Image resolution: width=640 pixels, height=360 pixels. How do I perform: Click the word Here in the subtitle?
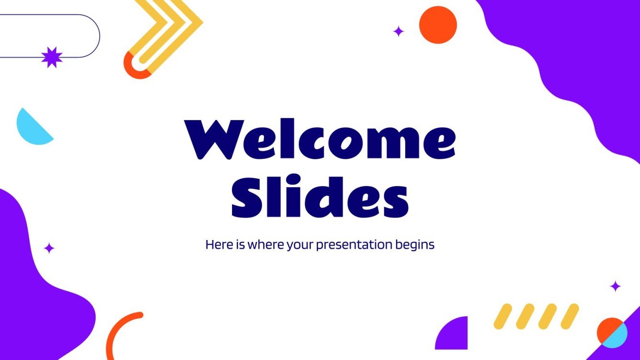(217, 245)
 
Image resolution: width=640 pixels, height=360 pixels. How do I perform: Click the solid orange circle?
(438, 25)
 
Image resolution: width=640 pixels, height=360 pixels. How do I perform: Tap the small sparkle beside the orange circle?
(398, 32)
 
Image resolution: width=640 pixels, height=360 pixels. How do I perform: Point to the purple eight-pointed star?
(52, 57)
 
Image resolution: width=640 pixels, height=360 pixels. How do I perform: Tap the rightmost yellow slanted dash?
(569, 316)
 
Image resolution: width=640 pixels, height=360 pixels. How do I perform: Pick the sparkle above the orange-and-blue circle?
(616, 286)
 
